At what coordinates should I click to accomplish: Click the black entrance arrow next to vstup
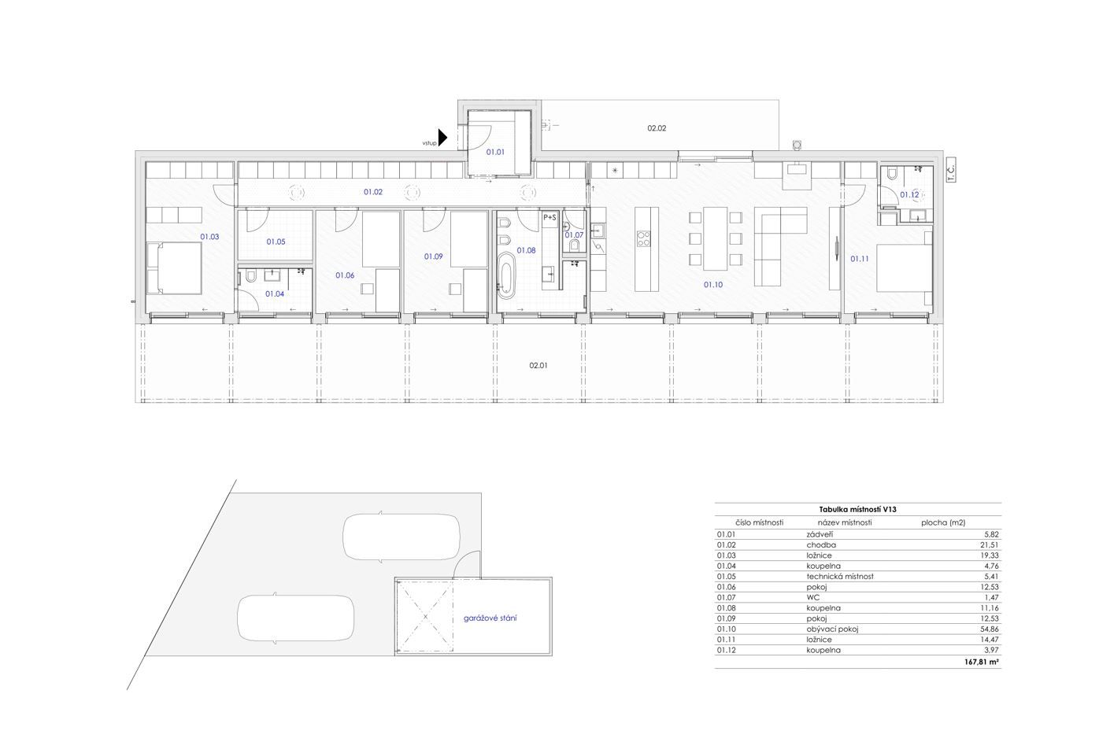pos(442,138)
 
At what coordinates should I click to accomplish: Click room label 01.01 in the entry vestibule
pos(495,152)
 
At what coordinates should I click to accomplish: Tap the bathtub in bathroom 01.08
pos(505,275)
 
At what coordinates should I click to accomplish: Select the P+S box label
pos(549,216)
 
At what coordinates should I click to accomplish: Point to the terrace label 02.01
pos(538,365)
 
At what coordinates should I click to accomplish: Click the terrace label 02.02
pos(657,128)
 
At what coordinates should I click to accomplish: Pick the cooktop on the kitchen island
pos(643,238)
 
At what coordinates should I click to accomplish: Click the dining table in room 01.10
pos(716,239)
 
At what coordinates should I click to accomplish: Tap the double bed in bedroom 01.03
pos(174,268)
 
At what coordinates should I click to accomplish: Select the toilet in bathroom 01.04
pos(250,277)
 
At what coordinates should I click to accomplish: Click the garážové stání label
pos(490,618)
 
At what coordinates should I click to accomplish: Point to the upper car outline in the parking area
pos(401,537)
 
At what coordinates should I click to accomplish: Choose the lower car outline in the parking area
pos(295,618)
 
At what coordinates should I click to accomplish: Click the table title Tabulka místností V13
pos(857,510)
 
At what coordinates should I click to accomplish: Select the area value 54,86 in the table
pos(989,629)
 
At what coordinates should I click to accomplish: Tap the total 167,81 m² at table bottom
pos(980,662)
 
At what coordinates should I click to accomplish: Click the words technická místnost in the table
pos(840,576)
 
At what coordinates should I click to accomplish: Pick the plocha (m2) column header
pos(943,522)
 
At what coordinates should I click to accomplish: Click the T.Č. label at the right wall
pos(951,172)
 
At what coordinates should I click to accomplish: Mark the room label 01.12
pos(909,194)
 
